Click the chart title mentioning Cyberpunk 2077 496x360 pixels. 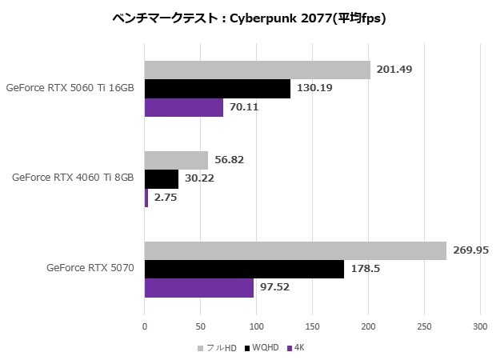pyautogui.click(x=249, y=18)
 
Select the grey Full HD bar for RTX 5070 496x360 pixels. pyautogui.click(x=295, y=250)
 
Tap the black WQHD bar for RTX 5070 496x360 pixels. pyautogui.click(x=244, y=269)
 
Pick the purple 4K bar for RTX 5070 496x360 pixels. pyautogui.click(x=199, y=288)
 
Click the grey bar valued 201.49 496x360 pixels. pyautogui.click(x=257, y=70)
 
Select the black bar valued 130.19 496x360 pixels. pyautogui.click(x=218, y=88)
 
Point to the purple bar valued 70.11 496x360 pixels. pyautogui.click(x=184, y=107)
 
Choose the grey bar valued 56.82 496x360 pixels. pyautogui.click(x=176, y=160)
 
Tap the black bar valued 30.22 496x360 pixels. pyautogui.click(x=162, y=178)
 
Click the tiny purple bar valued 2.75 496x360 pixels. pyautogui.click(x=146, y=198)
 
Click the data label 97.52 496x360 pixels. pyautogui.click(x=275, y=288)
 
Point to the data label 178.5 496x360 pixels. pyautogui.click(x=365, y=269)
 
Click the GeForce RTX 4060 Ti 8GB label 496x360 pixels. pyautogui.click(x=73, y=178)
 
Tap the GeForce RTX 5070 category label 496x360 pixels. pyautogui.click(x=90, y=268)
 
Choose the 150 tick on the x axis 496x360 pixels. pyautogui.click(x=312, y=326)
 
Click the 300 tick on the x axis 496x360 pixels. pyautogui.click(x=480, y=326)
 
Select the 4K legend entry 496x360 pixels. pyautogui.click(x=298, y=347)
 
